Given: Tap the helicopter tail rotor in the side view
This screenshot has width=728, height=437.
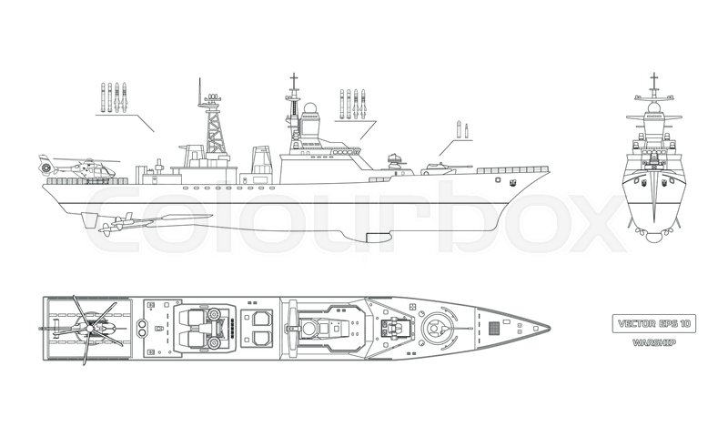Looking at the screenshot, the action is tap(42, 167).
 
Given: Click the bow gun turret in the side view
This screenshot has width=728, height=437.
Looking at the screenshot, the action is tap(434, 166).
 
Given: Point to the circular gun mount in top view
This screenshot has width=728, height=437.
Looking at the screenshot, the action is tap(438, 323).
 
